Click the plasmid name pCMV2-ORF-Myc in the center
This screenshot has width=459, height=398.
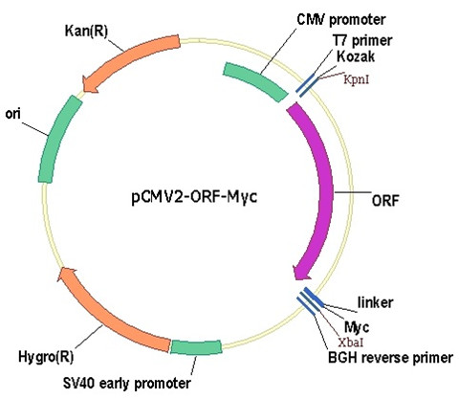[x=194, y=197]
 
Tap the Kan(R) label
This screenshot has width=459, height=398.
[x=86, y=32]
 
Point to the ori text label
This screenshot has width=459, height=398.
[x=13, y=114]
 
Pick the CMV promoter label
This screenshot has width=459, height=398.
[x=341, y=20]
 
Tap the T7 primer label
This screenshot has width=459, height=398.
[x=362, y=40]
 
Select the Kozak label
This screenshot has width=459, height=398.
[x=356, y=56]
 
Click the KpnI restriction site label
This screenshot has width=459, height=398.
[x=357, y=79]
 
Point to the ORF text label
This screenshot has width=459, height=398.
[x=385, y=201]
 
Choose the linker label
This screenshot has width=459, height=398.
[x=375, y=302]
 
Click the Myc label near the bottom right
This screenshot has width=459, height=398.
[x=357, y=326]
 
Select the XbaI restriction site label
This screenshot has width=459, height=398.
[x=351, y=343]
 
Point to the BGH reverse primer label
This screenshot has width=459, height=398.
[x=390, y=358]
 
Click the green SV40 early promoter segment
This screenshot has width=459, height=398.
[x=196, y=347]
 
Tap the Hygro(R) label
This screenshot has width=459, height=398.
[x=46, y=357]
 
